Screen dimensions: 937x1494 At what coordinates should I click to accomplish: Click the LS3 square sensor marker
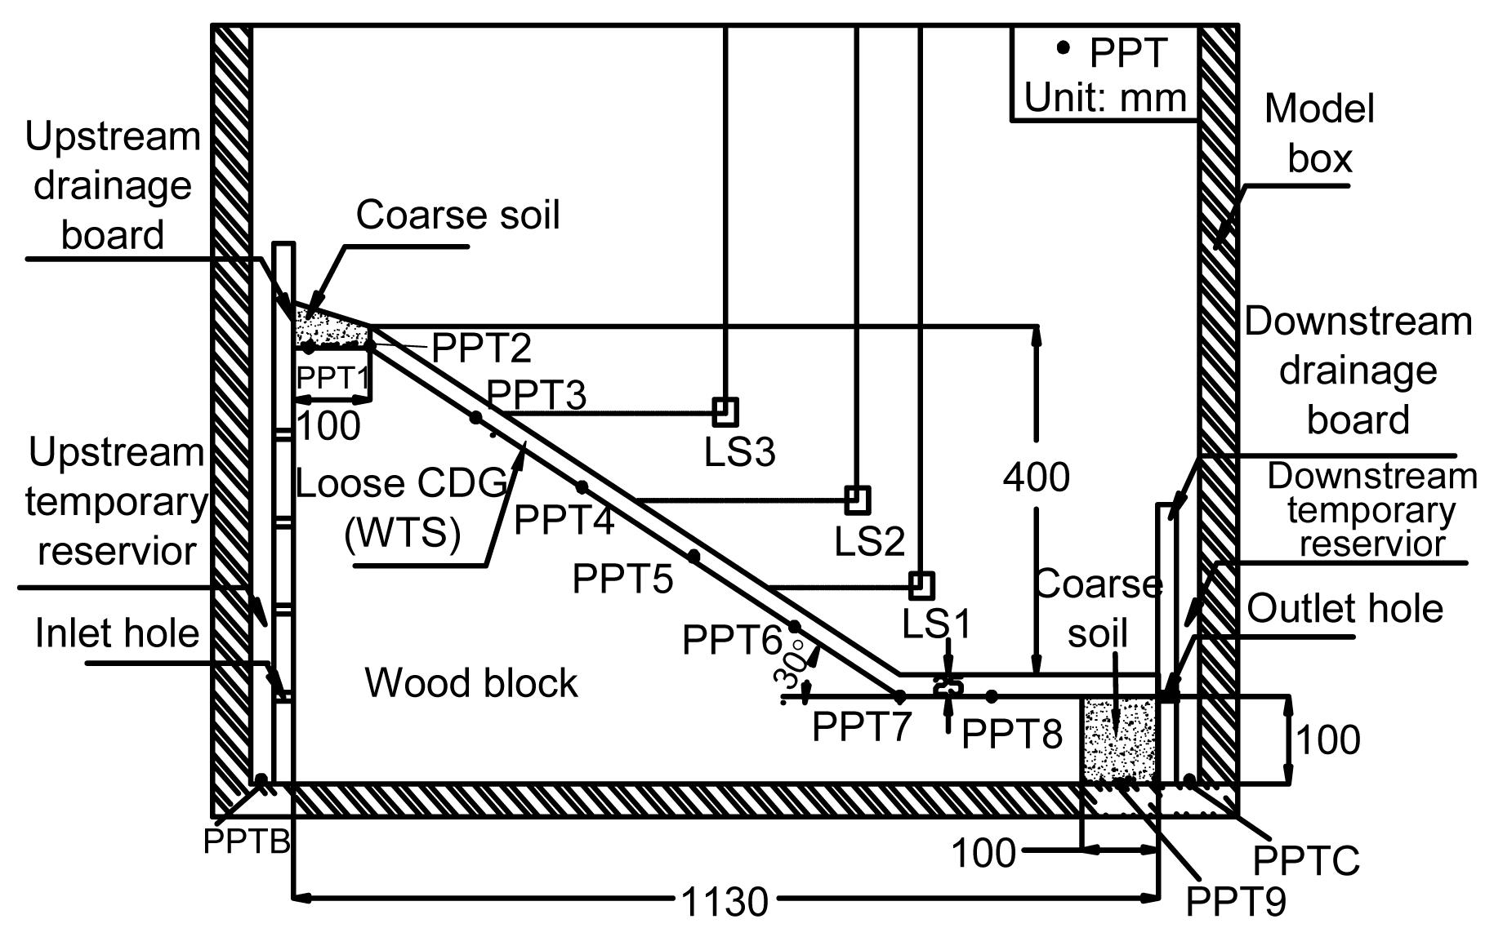click(x=725, y=412)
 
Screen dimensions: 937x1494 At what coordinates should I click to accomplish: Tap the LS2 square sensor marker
click(x=857, y=500)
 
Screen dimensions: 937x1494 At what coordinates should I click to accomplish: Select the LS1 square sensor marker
click(x=921, y=585)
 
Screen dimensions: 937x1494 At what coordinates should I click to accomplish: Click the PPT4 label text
click(x=564, y=520)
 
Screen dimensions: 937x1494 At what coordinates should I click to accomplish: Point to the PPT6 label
click(x=732, y=640)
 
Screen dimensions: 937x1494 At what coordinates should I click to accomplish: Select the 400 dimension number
click(x=1036, y=477)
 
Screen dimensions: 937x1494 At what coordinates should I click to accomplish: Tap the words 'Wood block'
click(x=470, y=682)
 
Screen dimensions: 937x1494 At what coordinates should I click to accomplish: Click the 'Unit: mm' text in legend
click(x=1104, y=98)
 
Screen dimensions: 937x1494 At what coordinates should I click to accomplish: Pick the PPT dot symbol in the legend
click(x=1063, y=48)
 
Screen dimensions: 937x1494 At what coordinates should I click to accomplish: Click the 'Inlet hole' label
click(x=117, y=633)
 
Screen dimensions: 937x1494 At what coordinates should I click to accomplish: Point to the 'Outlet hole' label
click(x=1345, y=609)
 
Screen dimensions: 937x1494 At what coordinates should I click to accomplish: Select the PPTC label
click(x=1305, y=860)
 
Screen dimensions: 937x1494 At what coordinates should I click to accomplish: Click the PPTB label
click(x=246, y=841)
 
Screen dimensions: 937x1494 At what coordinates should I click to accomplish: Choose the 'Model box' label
click(x=1319, y=133)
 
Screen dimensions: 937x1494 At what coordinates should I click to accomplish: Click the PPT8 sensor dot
click(x=992, y=696)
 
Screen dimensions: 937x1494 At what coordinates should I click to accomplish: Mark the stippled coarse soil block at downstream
click(x=1120, y=739)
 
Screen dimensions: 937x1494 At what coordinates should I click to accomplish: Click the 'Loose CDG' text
click(x=400, y=484)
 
